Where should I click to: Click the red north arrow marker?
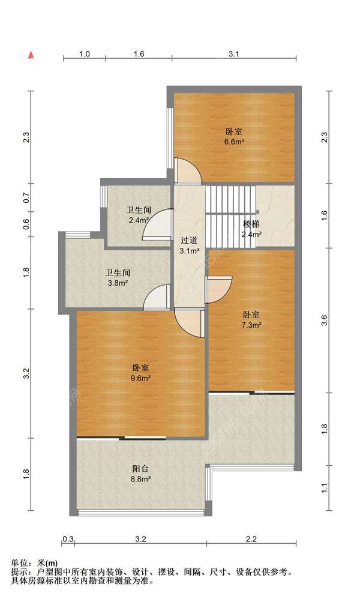click(31, 55)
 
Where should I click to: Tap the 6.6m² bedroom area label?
click(235, 136)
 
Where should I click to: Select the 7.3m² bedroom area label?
click(251, 320)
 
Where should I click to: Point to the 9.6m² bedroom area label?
click(140, 373)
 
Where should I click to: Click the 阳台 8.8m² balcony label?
click(140, 474)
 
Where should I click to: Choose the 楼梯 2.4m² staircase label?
click(251, 229)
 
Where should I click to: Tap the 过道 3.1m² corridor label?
click(189, 245)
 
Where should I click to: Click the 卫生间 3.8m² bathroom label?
click(118, 278)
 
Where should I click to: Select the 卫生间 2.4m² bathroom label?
click(139, 215)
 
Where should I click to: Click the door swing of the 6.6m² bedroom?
click(188, 171)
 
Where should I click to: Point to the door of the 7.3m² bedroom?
click(219, 289)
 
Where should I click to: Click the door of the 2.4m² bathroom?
click(157, 224)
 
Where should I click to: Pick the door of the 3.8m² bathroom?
click(157, 296)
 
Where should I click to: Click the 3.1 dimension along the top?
click(234, 54)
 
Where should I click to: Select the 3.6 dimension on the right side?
click(325, 320)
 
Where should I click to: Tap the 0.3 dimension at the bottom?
click(68, 539)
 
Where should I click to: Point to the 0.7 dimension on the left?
click(26, 198)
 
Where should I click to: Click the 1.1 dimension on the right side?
click(325, 488)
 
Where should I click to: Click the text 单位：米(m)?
click(34, 563)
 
